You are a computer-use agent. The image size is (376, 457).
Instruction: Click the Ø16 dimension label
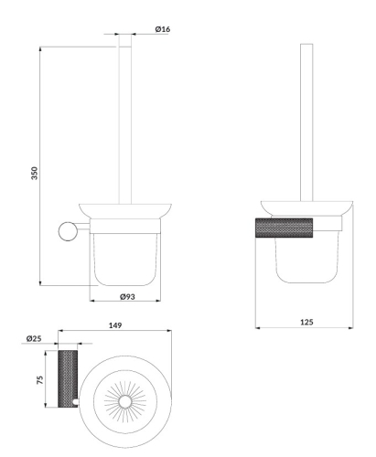pos(163,29)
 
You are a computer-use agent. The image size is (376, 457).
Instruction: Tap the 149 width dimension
pos(115,324)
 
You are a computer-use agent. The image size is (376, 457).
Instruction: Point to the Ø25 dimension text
pos(35,339)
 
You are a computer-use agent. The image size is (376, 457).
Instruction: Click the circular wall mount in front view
pos(67,230)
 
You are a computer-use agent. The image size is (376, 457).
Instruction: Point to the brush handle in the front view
pos(123,119)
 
